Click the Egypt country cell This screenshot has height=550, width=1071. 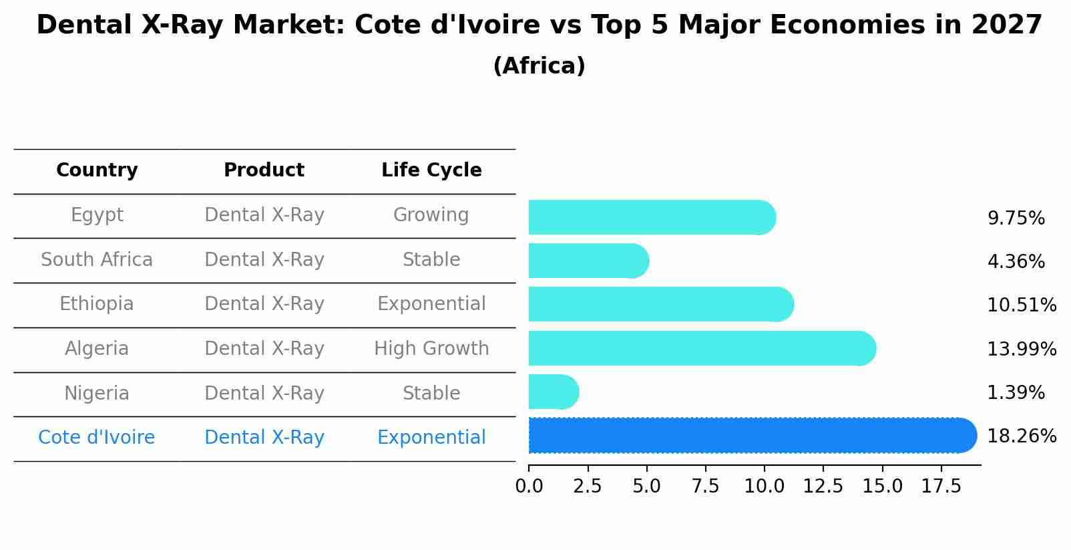[97, 215]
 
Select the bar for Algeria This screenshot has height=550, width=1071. [701, 348]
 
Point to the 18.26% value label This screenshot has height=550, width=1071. [1021, 436]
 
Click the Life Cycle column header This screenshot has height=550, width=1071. [431, 170]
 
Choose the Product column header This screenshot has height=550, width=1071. [264, 170]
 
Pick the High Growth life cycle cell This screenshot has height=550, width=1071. [431, 349]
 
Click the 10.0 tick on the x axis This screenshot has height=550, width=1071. [764, 487]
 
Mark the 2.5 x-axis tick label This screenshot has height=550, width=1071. [588, 487]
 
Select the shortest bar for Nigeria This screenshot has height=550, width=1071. [553, 392]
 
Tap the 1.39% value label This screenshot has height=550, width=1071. [1015, 393]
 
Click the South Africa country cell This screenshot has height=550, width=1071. [97, 260]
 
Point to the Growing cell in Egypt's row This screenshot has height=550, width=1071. [431, 215]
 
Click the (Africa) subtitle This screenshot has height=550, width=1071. [539, 66]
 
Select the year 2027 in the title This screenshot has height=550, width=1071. [1006, 25]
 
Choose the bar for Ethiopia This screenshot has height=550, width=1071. [660, 304]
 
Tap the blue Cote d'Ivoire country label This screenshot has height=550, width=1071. [97, 438]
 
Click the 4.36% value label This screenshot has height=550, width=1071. [1015, 262]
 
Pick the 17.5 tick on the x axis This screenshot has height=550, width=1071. [941, 487]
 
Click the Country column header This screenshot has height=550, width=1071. [97, 170]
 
